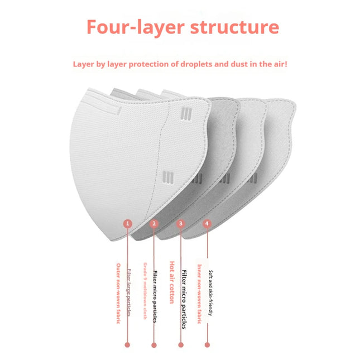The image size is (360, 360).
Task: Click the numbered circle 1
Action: point(127,224)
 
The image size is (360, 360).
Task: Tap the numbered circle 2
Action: point(154,224)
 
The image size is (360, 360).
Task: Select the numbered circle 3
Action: point(180,224)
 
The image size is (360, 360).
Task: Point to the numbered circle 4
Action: point(207,224)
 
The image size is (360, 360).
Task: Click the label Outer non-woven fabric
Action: point(118,294)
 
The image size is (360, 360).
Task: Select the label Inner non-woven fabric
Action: point(199,294)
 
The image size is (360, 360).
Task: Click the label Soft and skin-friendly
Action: point(210,294)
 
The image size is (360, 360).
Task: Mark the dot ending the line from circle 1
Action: point(127,345)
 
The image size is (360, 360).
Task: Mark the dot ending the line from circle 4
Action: point(207,345)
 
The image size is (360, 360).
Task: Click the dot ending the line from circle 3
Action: point(180,345)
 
